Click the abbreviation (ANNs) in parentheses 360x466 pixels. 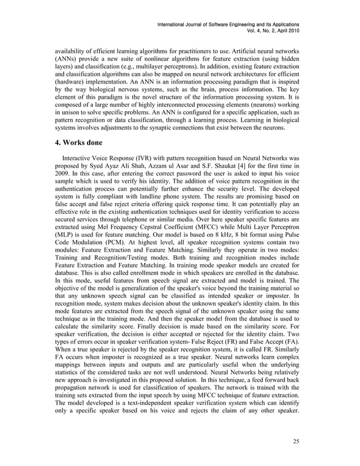(x=59, y=58)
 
